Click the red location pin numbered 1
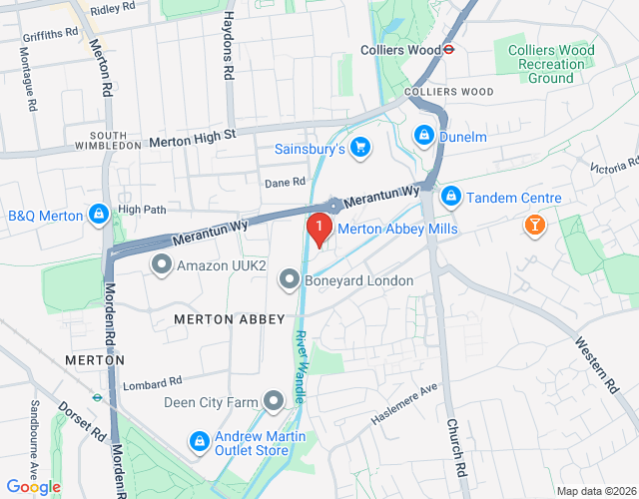pos(319,230)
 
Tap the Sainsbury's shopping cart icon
pos(359,149)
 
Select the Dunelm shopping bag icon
pos(424,134)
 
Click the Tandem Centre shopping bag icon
pos(451,197)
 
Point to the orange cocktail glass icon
pos(534,228)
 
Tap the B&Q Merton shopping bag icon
pos(99,215)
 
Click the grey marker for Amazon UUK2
pos(162,265)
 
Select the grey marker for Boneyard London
pos(290,279)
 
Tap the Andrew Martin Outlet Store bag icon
pos(199,440)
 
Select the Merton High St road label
pos(192,139)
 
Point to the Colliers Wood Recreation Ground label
pos(550,64)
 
